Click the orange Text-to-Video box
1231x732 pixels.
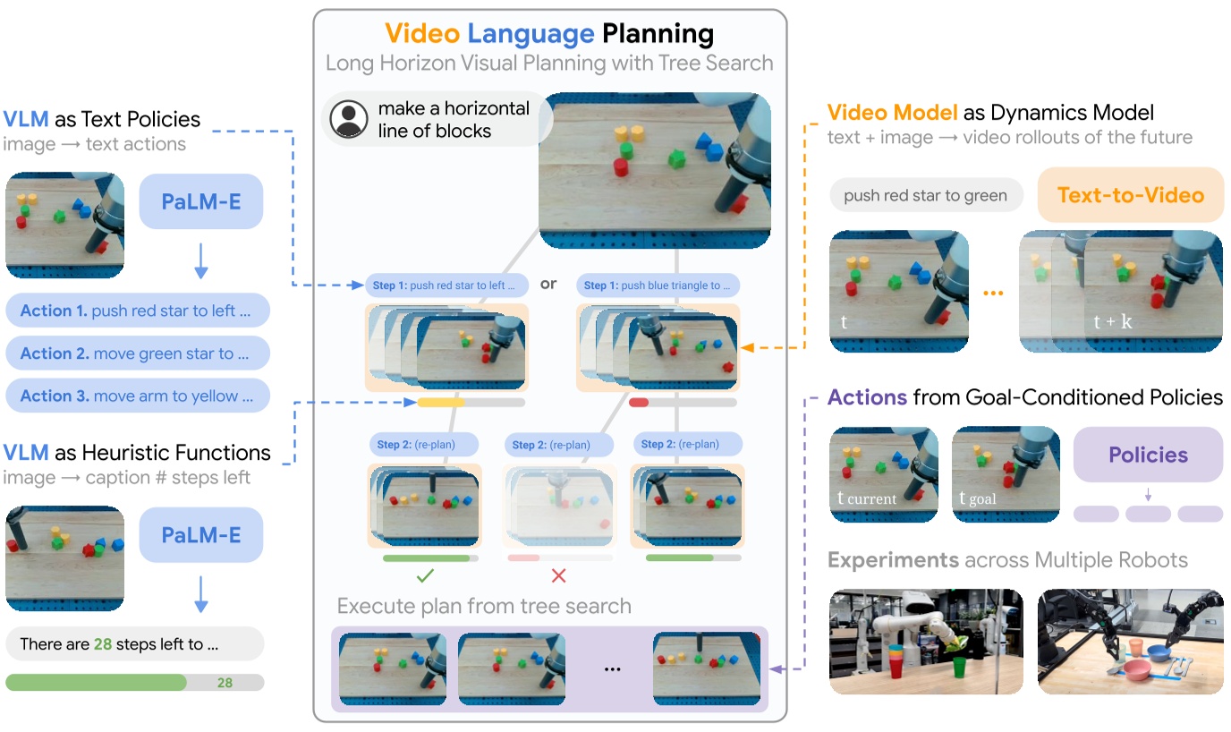1130,195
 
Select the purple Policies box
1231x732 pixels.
1148,455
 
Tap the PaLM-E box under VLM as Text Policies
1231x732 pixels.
201,201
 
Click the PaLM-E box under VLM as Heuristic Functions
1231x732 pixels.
201,536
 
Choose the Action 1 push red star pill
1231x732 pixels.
138,311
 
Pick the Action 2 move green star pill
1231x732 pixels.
138,353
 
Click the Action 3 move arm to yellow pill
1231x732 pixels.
138,396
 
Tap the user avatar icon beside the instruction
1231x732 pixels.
348,120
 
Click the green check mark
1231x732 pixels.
426,575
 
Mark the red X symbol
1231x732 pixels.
558,575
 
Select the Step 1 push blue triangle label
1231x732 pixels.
658,285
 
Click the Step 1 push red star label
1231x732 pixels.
439,285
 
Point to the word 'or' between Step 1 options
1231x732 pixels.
548,284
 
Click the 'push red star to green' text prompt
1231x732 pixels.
925,195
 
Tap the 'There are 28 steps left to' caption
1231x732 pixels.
134,643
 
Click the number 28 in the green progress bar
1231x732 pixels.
225,683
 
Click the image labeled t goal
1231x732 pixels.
1005,474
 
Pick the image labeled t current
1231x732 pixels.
883,474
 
